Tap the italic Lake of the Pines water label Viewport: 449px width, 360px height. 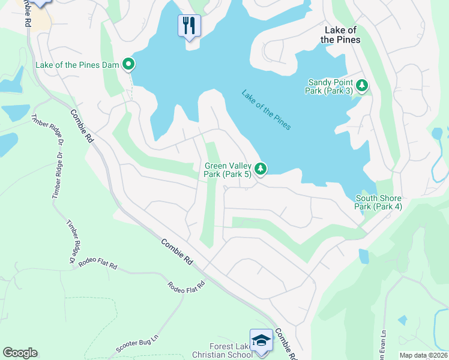pyautogui.click(x=267, y=110)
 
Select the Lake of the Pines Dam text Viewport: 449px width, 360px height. pyautogui.click(x=78, y=64)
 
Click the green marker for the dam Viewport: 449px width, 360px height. pyautogui.click(x=128, y=64)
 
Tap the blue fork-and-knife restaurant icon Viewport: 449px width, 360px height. pyautogui.click(x=189, y=26)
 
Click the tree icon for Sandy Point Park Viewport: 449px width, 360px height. pyautogui.click(x=362, y=86)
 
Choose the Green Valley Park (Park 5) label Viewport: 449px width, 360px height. pyautogui.click(x=228, y=170)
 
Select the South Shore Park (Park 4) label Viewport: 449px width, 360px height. pyautogui.click(x=378, y=202)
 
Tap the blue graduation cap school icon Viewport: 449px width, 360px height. pyautogui.click(x=261, y=340)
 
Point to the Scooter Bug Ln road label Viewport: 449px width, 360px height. pyautogui.click(x=137, y=347)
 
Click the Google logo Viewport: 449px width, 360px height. pyautogui.click(x=20, y=353)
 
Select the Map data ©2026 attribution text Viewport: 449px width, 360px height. pyautogui.click(x=423, y=355)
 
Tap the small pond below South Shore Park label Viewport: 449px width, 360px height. pyautogui.click(x=364, y=256)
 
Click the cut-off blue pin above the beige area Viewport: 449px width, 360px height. pyautogui.click(x=40, y=3)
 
